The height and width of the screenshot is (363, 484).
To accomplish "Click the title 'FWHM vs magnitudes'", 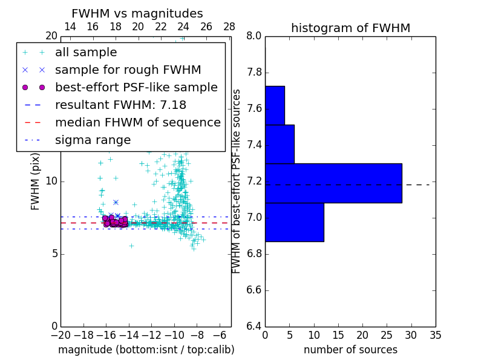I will [137, 13].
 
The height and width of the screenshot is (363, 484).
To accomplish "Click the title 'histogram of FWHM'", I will [350, 28].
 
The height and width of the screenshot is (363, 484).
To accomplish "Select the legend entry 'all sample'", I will [86, 53].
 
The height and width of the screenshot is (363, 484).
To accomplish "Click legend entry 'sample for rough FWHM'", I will [128, 70].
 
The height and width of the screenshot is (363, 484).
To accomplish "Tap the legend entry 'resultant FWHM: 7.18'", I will [120, 105].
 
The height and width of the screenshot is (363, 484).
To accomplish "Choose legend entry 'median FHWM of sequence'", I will [137, 123].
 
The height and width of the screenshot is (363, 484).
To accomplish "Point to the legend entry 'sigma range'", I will [93, 140].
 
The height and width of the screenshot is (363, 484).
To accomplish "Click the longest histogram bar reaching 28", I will [333, 183].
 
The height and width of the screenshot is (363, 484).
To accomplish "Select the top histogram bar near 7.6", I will [275, 105].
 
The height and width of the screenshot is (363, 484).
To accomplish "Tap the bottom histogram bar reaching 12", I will [294, 222].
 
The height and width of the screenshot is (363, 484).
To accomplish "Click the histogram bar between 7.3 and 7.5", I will [280, 144].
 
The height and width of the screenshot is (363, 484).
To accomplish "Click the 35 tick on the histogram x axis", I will [436, 335].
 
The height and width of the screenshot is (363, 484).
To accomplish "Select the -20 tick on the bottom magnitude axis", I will [60, 335].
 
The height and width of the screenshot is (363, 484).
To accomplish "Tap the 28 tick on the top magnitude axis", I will [229, 27].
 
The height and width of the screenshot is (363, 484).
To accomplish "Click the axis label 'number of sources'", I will [350, 350].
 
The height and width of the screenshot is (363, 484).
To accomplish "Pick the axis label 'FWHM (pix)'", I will [36, 181].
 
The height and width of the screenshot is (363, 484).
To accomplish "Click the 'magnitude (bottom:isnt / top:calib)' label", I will [146, 350].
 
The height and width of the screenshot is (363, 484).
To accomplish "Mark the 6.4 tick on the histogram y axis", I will [254, 326].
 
